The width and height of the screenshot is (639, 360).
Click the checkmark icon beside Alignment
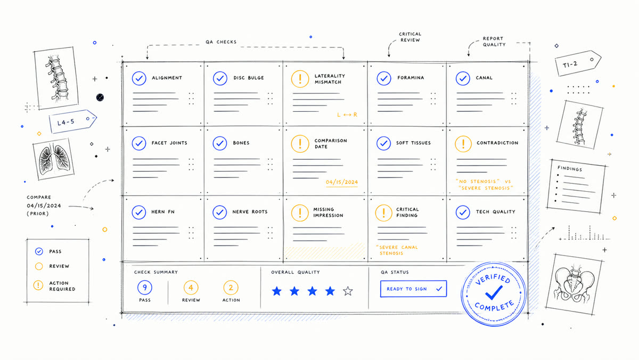139,78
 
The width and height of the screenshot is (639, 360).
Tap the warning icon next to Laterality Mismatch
300,79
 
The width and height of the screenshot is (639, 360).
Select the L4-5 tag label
72,121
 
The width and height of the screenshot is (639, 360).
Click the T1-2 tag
578,63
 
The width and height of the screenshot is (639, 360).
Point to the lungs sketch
54,159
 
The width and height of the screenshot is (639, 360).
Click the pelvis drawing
574,284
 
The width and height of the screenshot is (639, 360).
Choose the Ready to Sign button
413,289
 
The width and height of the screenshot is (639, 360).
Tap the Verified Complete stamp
493,294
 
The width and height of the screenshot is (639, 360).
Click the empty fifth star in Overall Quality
348,291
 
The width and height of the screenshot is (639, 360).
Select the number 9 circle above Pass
145,288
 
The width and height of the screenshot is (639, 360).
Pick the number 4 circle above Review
191,288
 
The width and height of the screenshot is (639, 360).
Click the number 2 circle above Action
231,288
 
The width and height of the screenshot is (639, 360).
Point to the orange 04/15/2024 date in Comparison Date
342,182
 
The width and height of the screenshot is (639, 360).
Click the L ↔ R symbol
347,114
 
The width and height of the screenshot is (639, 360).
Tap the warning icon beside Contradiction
463,144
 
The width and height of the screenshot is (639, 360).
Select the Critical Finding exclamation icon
384,213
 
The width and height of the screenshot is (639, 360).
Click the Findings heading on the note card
570,169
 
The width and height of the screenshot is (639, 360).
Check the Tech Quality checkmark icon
463,212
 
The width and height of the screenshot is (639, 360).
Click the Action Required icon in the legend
38,285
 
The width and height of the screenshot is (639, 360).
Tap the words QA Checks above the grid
221,42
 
